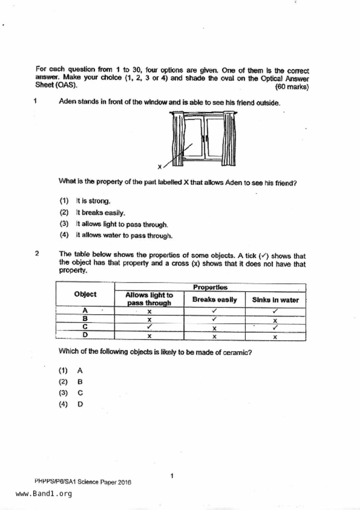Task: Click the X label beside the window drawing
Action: point(160,167)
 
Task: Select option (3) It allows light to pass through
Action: point(122,224)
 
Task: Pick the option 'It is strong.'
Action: point(93,201)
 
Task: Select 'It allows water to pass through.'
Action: point(124,236)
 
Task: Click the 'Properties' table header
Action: point(210,287)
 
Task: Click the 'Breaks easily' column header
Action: point(214,299)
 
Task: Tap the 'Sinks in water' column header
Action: point(275,300)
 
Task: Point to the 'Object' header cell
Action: point(85,294)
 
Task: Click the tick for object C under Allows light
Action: point(149,327)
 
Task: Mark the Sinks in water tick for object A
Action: point(275,311)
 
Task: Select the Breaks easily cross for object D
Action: point(214,337)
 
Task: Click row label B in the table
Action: point(85,319)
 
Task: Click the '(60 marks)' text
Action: point(292,87)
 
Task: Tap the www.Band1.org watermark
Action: point(44,494)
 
